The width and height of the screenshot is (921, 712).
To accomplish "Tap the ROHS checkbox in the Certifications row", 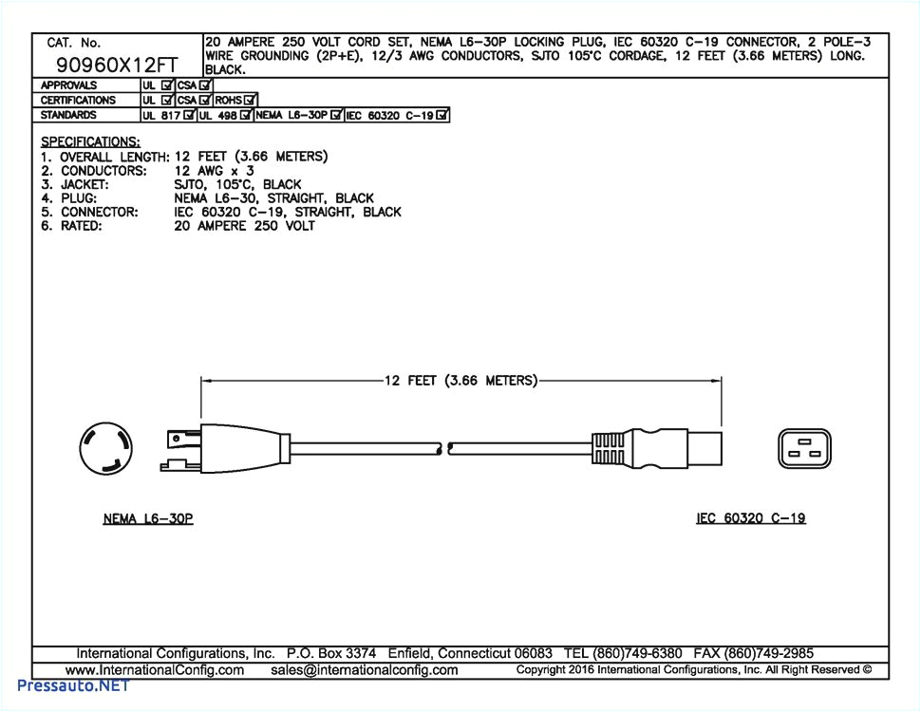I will [x=250, y=100].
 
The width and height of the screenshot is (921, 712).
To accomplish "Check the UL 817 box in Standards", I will [x=190, y=115].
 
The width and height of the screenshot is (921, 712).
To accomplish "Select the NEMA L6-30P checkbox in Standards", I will [x=336, y=115].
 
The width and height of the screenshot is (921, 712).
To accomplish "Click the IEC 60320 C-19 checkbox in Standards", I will [x=442, y=116].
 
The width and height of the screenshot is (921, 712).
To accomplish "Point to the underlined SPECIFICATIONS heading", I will [x=90, y=141].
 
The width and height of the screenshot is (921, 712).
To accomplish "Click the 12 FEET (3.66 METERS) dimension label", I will [x=460, y=381].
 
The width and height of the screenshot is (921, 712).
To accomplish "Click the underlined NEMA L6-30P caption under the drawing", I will [x=147, y=518].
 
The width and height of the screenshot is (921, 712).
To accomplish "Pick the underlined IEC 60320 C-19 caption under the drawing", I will [x=750, y=518].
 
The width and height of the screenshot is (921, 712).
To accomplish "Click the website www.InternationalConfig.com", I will [x=160, y=670].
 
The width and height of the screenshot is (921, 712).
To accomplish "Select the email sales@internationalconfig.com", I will [x=364, y=670].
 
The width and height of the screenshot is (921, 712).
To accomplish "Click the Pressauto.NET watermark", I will [x=65, y=685].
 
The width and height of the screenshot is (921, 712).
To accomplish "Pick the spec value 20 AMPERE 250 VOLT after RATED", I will [x=244, y=226].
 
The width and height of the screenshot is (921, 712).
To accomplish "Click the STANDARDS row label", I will [x=68, y=115].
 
